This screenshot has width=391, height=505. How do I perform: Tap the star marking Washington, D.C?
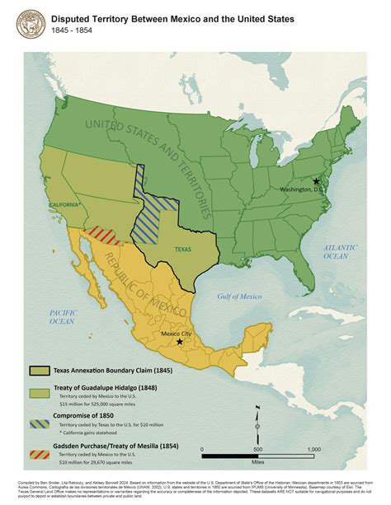click(315, 180)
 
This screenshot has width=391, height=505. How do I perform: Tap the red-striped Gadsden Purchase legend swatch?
click(39, 454)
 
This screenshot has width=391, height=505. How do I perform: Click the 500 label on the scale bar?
click(257, 449)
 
